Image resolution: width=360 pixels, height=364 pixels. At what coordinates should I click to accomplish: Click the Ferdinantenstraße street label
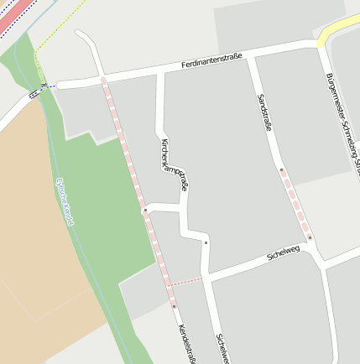211,61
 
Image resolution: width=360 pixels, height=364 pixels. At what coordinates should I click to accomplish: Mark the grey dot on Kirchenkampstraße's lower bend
206,243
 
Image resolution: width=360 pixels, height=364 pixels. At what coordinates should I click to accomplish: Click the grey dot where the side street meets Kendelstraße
144,209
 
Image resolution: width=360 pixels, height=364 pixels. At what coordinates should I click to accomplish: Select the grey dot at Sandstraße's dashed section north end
282,170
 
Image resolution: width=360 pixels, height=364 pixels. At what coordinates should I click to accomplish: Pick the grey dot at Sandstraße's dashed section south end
309,237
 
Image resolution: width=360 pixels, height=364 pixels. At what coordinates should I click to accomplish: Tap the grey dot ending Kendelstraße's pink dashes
174,306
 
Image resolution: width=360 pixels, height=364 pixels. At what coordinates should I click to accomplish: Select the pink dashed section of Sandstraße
295,204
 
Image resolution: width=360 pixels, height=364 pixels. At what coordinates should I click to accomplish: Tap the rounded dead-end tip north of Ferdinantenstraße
81,34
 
